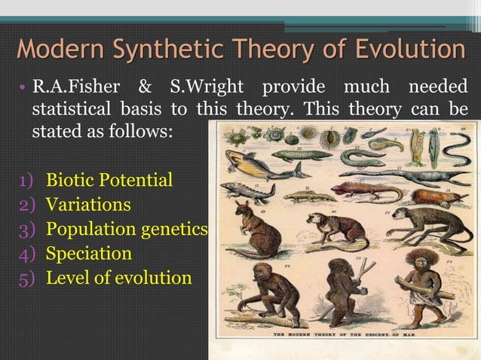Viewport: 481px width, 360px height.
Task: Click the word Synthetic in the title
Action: (x=167, y=50)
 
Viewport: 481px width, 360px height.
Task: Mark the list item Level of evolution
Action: (x=118, y=278)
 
